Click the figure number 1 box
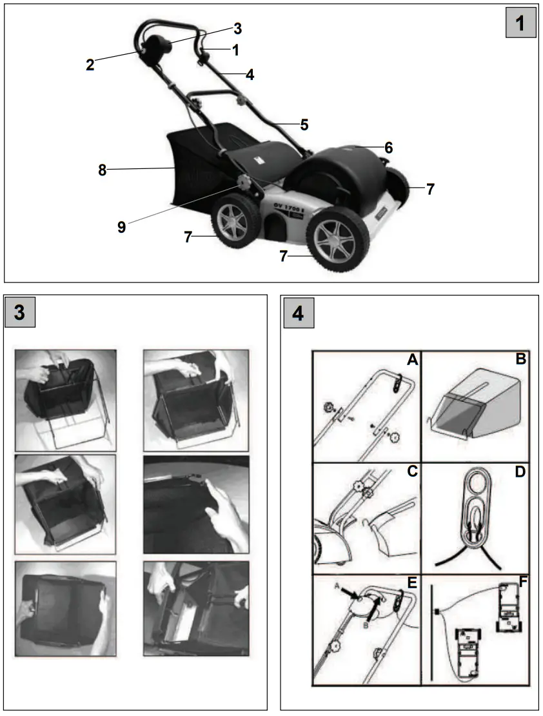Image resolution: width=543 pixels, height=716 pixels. click(x=520, y=25)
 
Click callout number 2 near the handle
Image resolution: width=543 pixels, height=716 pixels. click(x=90, y=64)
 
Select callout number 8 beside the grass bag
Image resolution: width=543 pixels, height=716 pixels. click(x=102, y=170)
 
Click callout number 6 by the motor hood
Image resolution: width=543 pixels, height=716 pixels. click(x=388, y=147)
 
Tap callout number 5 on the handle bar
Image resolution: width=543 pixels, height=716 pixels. click(x=304, y=123)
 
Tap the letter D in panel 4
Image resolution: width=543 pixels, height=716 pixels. click(x=520, y=472)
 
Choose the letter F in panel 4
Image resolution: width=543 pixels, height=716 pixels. click(x=523, y=583)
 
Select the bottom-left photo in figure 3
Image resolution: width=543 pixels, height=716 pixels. click(x=65, y=609)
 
